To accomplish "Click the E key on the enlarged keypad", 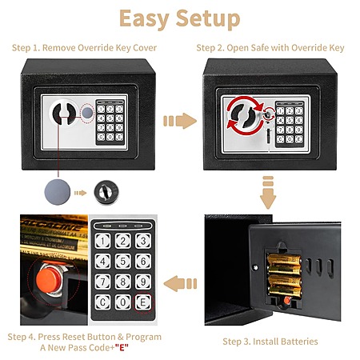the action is (143, 302).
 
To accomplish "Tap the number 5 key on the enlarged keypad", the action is (123, 261).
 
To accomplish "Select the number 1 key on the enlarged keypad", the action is (102, 241).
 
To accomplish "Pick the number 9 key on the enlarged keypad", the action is (143, 282).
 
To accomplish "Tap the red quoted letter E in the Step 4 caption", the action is (122, 348).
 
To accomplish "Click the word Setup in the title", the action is (208, 18).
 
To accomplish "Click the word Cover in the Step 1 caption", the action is (145, 48).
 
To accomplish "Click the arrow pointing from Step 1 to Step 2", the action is (180, 121).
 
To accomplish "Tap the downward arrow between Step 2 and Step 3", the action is (268, 192).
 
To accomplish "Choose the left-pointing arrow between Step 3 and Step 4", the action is (180, 284).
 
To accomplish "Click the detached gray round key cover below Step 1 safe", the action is (58, 192).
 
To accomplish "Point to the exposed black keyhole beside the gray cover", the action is (106, 192).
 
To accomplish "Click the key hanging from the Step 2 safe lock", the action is (268, 130).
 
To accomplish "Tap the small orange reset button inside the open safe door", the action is (287, 301).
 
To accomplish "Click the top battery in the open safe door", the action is (285, 259).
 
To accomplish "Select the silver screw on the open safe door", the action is (255, 267).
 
